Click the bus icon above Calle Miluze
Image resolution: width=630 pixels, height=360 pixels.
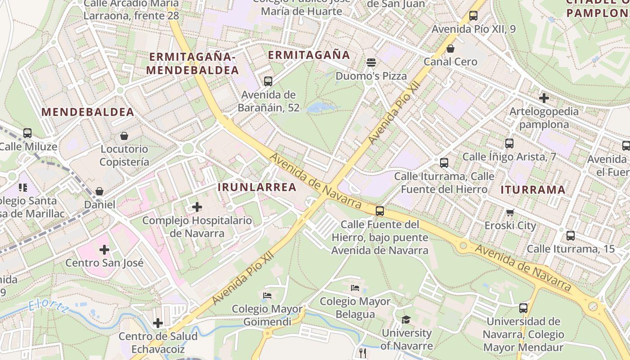click(x=27, y=133)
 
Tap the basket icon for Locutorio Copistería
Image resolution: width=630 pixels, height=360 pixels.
click(x=124, y=136)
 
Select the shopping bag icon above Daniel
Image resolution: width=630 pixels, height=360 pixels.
click(x=99, y=192)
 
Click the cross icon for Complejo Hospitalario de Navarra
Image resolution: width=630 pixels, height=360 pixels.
click(x=197, y=207)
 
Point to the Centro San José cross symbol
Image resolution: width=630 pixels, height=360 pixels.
click(x=104, y=249)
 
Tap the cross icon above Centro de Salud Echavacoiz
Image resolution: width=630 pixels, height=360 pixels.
click(x=158, y=323)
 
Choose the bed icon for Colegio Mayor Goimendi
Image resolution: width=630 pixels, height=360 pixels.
click(x=267, y=296)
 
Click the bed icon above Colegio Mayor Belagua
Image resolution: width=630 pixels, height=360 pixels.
click(x=355, y=288)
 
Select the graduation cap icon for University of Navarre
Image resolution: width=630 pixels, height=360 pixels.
click(x=406, y=319)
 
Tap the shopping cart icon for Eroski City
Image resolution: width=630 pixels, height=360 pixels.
click(x=510, y=212)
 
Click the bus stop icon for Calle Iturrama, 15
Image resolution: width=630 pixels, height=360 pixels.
click(x=571, y=235)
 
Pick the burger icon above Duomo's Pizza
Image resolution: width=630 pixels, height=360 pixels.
click(x=371, y=63)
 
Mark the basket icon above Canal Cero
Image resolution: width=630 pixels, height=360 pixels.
click(x=450, y=49)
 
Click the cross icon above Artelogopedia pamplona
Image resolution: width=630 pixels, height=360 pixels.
click(x=544, y=98)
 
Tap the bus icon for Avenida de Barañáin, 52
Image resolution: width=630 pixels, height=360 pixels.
click(x=268, y=81)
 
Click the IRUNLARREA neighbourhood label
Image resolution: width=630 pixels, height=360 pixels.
click(x=257, y=187)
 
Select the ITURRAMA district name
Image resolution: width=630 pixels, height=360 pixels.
click(x=533, y=190)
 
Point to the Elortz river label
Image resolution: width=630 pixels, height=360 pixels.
click(x=48, y=306)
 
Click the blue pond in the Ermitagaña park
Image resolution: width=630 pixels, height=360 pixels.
click(x=320, y=108)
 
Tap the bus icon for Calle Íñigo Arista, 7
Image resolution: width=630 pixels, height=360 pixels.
click(x=509, y=144)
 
